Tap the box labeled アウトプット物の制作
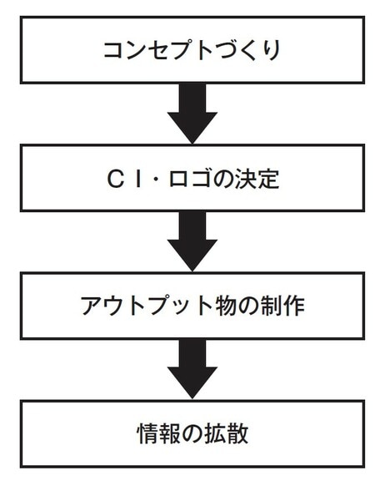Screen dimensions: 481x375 click(x=192, y=305)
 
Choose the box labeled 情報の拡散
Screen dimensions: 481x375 click(x=192, y=433)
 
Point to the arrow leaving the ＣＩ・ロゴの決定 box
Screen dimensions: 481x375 click(x=192, y=242)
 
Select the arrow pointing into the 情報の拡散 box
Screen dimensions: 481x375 click(x=192, y=370)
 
